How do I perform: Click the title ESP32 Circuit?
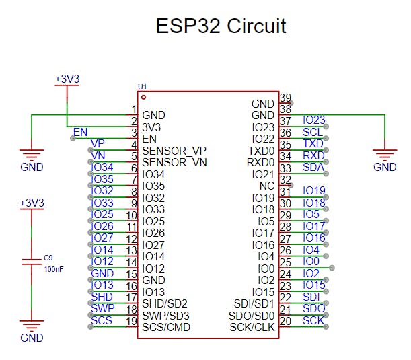coord(221,26)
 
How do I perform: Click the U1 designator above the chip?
coord(141,87)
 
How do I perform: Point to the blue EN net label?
coord(80,132)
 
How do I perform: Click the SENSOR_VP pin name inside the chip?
coord(174,150)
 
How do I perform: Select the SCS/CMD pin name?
coord(166,328)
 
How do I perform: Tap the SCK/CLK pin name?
coord(252,328)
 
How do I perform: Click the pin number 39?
coord(285,98)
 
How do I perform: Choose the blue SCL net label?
coord(313,133)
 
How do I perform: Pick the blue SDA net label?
coord(313,168)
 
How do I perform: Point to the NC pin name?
coord(266,186)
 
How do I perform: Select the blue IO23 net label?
coord(313,120)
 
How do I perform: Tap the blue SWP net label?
coord(102,309)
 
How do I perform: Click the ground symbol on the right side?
coord(385,156)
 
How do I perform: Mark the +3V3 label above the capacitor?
coord(32,202)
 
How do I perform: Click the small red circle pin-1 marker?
coord(143,97)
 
